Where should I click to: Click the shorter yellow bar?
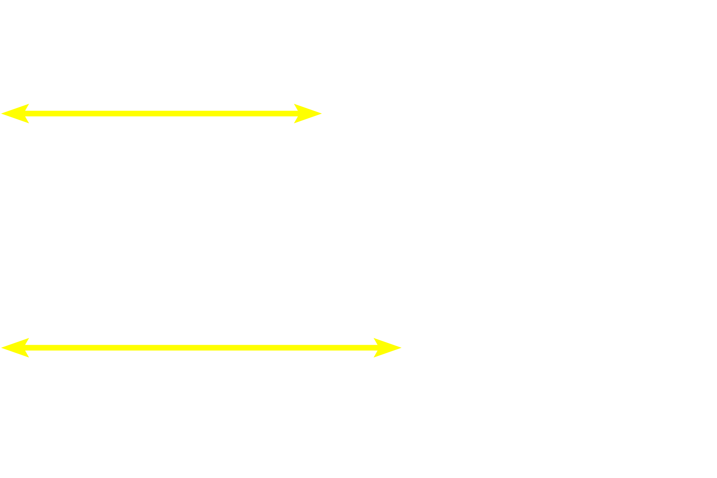(161, 114)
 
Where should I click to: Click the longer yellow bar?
(201, 347)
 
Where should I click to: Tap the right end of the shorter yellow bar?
(322, 114)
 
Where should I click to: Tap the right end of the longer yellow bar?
(401, 347)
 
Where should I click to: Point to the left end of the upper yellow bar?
(1, 114)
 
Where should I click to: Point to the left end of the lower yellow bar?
(1, 347)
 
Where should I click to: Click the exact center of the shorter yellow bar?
(161, 114)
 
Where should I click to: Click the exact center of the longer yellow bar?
(201, 347)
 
